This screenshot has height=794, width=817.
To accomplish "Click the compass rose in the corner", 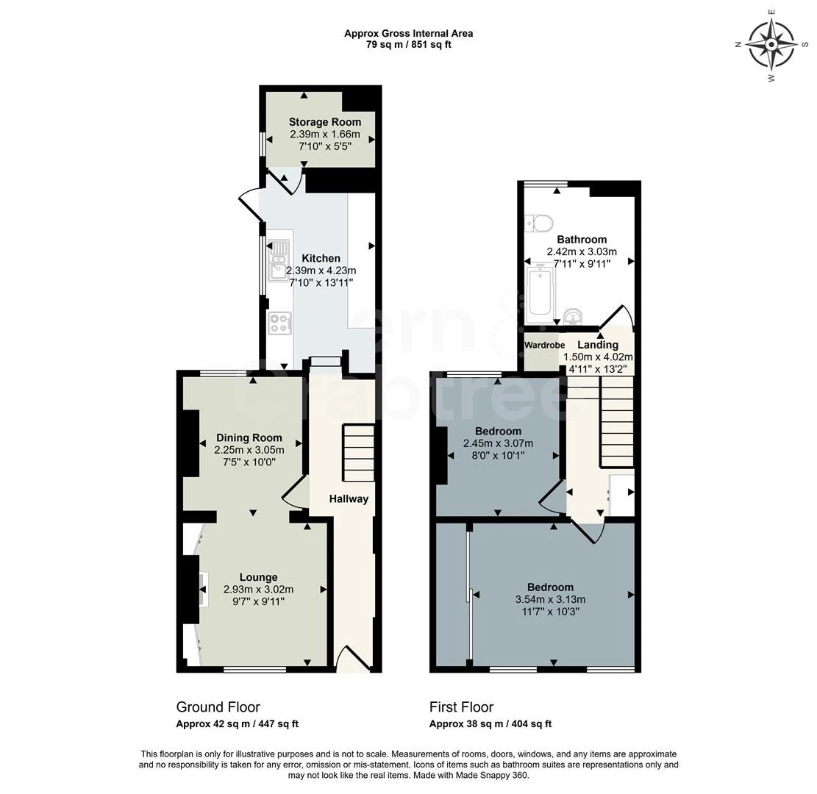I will pos(771,44).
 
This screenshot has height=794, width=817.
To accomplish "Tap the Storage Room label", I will pos(324,122).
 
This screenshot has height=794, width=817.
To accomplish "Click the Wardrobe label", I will pos(544,345).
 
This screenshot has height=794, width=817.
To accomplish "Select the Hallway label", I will pos(349,498).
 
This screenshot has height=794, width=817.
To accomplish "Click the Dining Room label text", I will pos(249,438).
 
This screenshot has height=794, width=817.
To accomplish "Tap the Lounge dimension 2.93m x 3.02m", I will pos(258,590).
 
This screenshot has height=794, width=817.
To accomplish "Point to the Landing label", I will pos(597,345).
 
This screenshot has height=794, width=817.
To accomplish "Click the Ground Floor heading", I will pos(218,707).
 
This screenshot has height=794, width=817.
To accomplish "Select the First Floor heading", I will pos(461,707).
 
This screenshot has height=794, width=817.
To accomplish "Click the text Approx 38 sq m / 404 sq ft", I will pos(490,724).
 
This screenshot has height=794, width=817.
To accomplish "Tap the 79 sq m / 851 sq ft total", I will pos(409,45).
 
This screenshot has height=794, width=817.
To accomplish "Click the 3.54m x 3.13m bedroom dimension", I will pos(550,599).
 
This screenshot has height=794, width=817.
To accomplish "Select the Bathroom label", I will pos(582,240).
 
